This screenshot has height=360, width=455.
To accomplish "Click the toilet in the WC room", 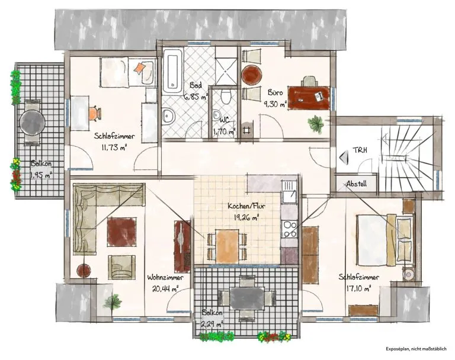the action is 225,97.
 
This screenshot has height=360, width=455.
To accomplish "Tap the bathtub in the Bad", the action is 172,72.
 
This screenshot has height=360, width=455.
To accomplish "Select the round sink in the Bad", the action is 168,116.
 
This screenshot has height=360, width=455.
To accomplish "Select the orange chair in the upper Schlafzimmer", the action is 94,113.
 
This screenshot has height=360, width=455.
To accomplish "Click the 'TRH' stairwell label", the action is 360,150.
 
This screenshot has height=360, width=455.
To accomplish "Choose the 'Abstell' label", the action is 356,184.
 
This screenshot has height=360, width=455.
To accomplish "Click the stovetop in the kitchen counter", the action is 289,229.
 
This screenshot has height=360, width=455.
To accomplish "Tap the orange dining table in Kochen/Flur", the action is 227,246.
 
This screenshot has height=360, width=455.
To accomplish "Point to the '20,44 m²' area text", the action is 165,288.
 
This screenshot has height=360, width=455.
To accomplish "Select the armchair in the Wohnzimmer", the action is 121,267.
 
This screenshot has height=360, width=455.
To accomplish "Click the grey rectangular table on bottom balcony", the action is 247,298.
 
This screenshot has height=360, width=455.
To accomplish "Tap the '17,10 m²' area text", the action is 359,288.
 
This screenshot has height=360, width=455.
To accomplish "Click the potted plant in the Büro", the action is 316,124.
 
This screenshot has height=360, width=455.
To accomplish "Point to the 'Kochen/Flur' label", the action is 246,206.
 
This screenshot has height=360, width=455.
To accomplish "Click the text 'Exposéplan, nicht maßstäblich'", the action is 416,349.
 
